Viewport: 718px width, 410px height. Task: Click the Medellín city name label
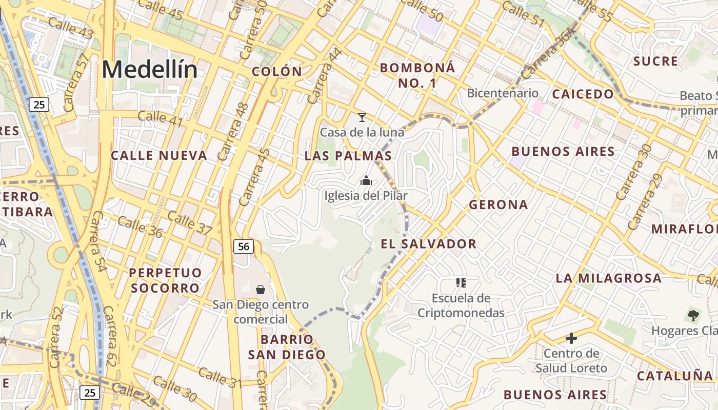point(149,69)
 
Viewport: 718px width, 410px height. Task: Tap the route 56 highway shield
point(244,247)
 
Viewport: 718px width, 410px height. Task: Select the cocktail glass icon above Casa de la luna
point(362,117)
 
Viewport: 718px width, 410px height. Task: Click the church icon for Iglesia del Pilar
point(366,180)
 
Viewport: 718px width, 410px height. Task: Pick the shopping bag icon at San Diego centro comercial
point(261,290)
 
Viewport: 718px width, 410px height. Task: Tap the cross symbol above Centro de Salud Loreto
point(571,338)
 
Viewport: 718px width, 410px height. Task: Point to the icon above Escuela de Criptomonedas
point(461,283)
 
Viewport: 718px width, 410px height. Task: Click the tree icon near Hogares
point(693,316)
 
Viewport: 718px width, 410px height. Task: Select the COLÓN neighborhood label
point(277,72)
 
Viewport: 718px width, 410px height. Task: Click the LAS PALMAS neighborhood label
point(348,156)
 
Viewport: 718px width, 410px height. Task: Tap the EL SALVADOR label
point(429,244)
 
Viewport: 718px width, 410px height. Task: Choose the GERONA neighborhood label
point(498,205)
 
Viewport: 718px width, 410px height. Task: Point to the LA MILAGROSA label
point(609,278)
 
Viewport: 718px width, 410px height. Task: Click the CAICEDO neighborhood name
point(583,94)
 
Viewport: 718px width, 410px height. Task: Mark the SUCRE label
point(655,61)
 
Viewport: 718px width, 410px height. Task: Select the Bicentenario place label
point(503,93)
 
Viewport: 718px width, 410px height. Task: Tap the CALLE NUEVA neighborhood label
point(159,155)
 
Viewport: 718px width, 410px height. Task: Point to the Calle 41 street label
point(161,117)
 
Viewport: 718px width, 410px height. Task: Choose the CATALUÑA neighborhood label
point(675,376)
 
